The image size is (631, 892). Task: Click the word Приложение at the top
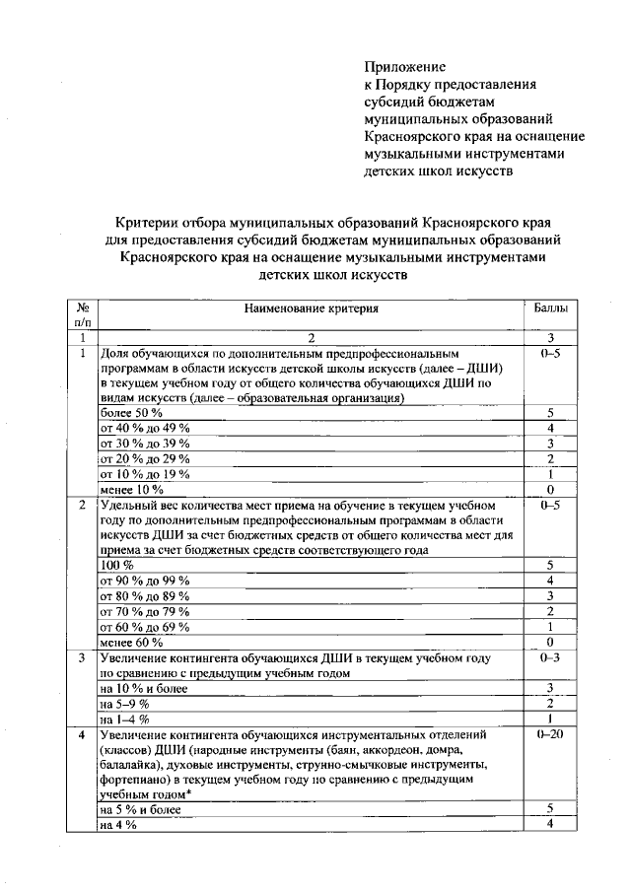[404, 67]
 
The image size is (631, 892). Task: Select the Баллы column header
[550, 309]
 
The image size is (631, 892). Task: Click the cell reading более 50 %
[132, 412]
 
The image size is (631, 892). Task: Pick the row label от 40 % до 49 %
[145, 428]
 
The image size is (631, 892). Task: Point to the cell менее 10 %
[132, 489]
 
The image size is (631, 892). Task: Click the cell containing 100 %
[116, 565]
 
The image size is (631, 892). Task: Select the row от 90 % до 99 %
[145, 581]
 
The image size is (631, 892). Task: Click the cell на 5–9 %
[124, 704]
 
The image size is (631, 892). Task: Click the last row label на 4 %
[117, 824]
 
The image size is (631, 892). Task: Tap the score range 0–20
[550, 734]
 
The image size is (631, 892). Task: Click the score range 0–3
[550, 657]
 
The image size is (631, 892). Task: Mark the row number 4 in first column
[82, 734]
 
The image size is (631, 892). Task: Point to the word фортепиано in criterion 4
[134, 779]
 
